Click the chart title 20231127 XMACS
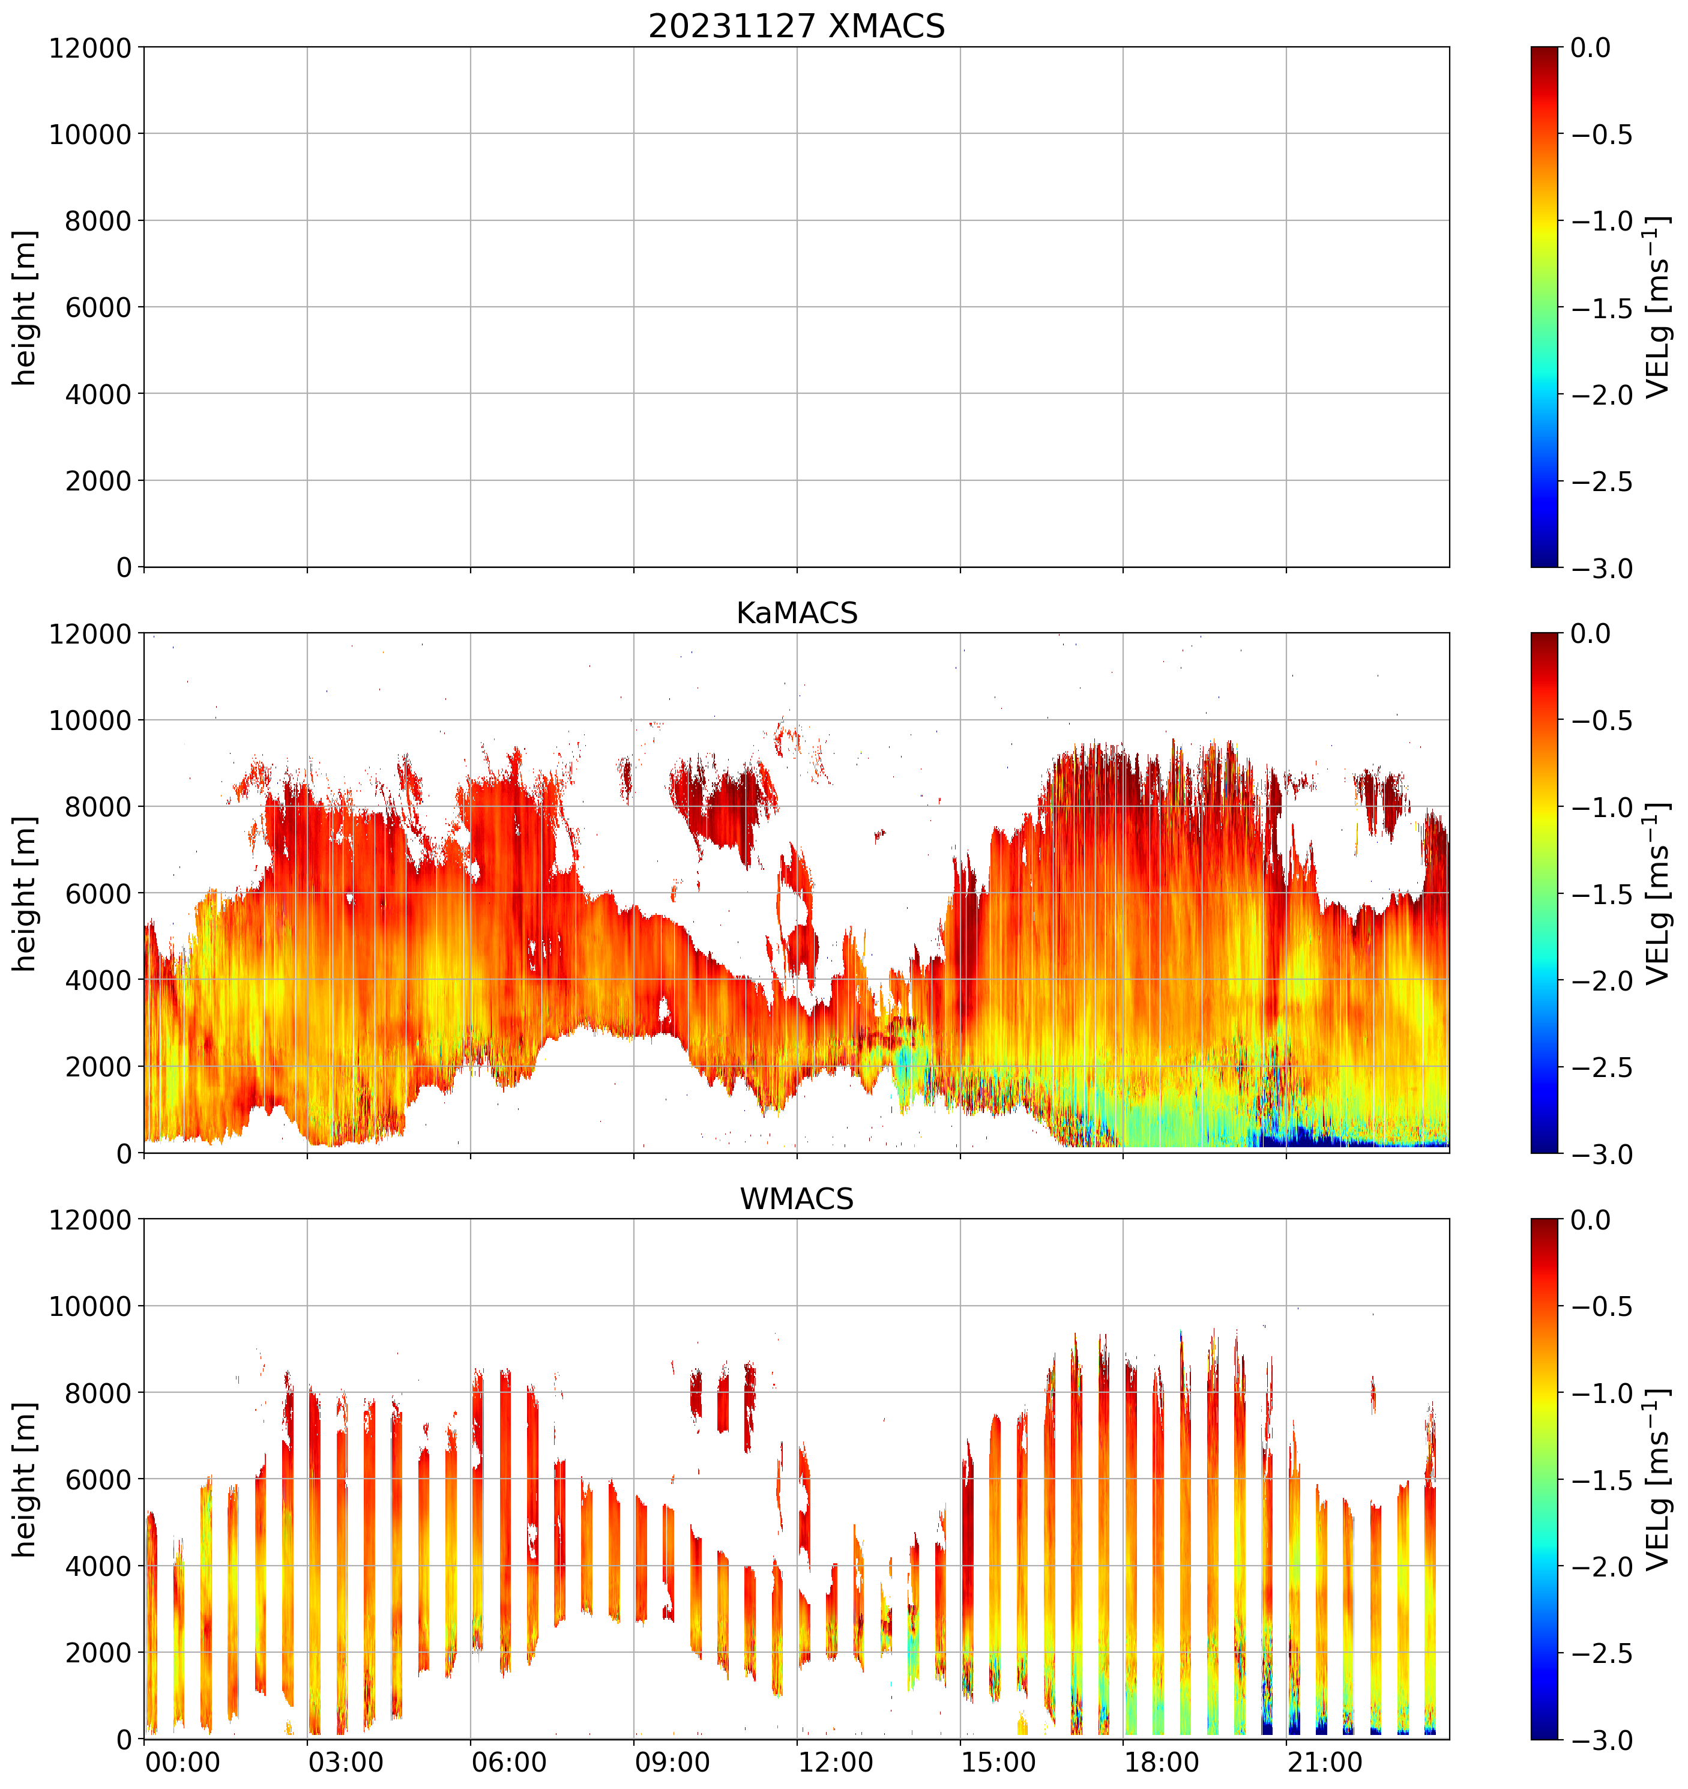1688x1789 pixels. click(x=797, y=25)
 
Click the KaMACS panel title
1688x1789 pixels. click(x=797, y=613)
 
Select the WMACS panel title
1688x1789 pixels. click(x=797, y=1199)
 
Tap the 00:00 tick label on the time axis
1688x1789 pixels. click(x=182, y=1762)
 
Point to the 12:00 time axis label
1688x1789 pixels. click(x=836, y=1762)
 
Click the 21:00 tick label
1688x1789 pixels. click(x=1324, y=1762)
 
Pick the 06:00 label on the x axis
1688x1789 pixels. click(x=509, y=1762)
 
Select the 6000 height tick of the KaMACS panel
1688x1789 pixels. click(x=99, y=894)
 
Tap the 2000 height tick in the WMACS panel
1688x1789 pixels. click(x=99, y=1652)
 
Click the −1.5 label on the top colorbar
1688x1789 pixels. click(x=1602, y=309)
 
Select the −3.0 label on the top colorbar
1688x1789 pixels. click(x=1602, y=569)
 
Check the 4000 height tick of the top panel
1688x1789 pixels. click(x=99, y=394)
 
